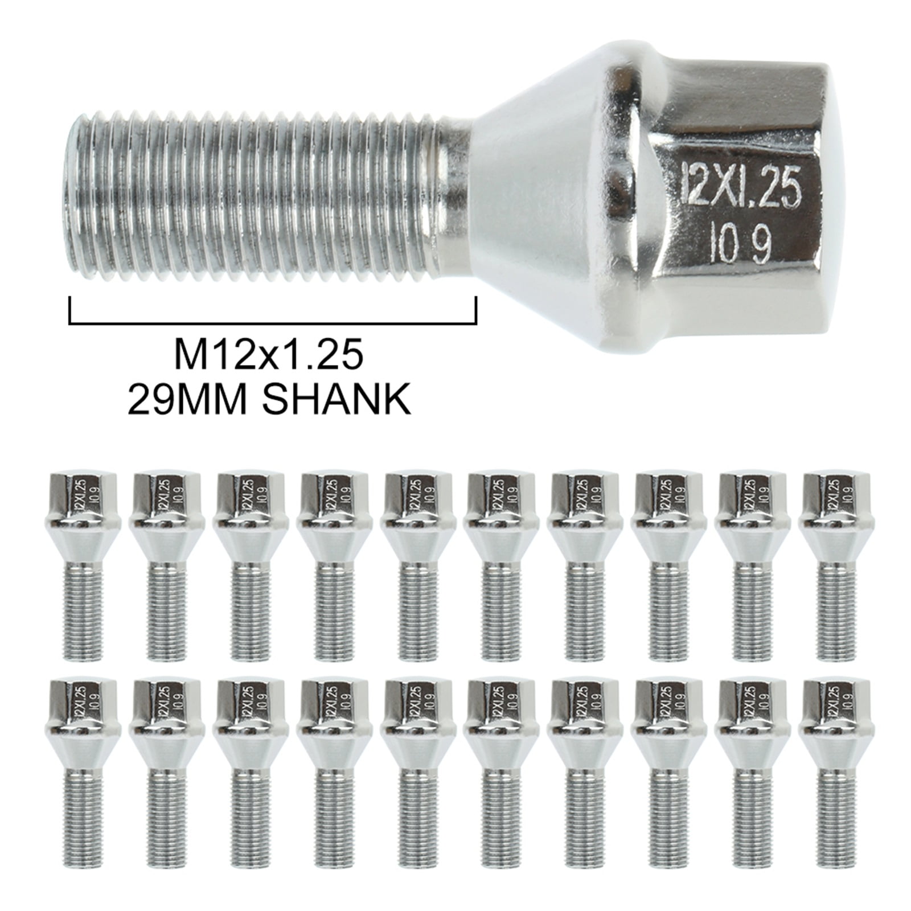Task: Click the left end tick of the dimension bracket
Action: pyautogui.click(x=69, y=310)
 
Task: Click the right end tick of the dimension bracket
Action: pyautogui.click(x=475, y=310)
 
